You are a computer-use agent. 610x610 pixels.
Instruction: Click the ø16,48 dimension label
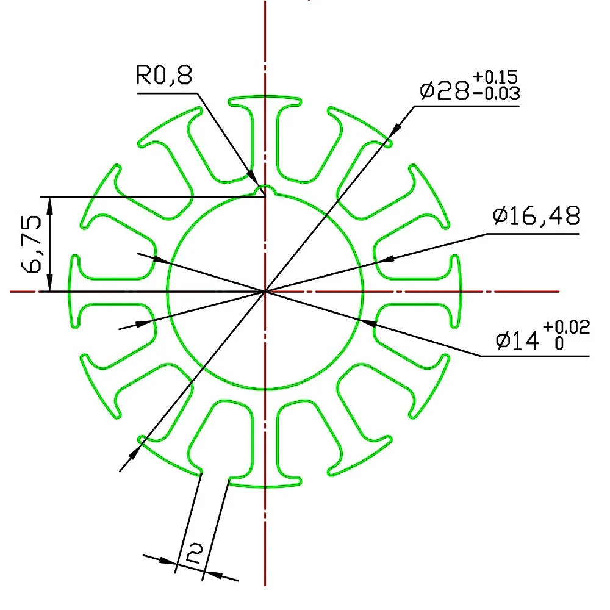(x=536, y=216)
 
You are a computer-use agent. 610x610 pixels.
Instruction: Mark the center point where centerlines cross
(x=265, y=292)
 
